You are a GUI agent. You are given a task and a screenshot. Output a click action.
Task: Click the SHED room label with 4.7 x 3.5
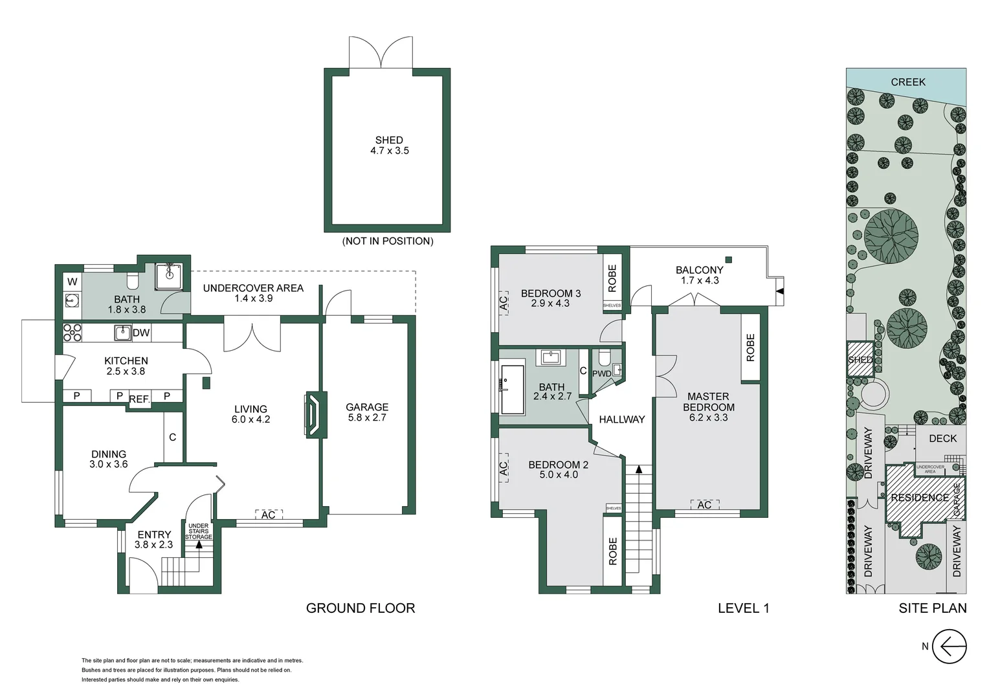coord(390,145)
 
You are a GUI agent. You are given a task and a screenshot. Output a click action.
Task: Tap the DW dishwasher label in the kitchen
coord(141,333)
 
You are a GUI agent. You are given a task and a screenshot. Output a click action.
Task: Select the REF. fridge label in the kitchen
coord(140,399)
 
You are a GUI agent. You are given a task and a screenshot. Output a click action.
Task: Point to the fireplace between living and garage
coord(315,415)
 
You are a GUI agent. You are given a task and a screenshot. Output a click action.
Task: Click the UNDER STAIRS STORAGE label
coord(199,531)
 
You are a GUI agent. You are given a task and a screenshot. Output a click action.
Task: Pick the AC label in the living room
coord(269,515)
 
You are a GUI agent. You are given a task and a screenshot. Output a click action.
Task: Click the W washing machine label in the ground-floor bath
coord(72,282)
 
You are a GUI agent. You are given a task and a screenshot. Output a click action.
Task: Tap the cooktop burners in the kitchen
coord(72,333)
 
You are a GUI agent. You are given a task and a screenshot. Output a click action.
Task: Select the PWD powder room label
coord(602,373)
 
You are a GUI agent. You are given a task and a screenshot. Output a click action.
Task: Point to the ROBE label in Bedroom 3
coord(612,278)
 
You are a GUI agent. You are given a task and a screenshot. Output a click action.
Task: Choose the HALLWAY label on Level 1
coord(621,419)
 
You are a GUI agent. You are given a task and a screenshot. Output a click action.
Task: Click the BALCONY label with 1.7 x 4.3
coord(700,275)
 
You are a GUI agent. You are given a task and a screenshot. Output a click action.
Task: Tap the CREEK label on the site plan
coord(907,82)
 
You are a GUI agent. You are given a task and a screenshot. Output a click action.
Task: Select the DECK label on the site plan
coord(942,438)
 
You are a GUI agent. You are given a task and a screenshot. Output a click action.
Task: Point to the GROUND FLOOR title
coord(361,608)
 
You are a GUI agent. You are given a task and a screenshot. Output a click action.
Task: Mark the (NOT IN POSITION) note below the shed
coord(388,241)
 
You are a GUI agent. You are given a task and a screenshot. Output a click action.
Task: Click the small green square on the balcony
coord(729,260)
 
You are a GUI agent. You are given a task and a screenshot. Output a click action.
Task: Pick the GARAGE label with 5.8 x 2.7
coord(367,412)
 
